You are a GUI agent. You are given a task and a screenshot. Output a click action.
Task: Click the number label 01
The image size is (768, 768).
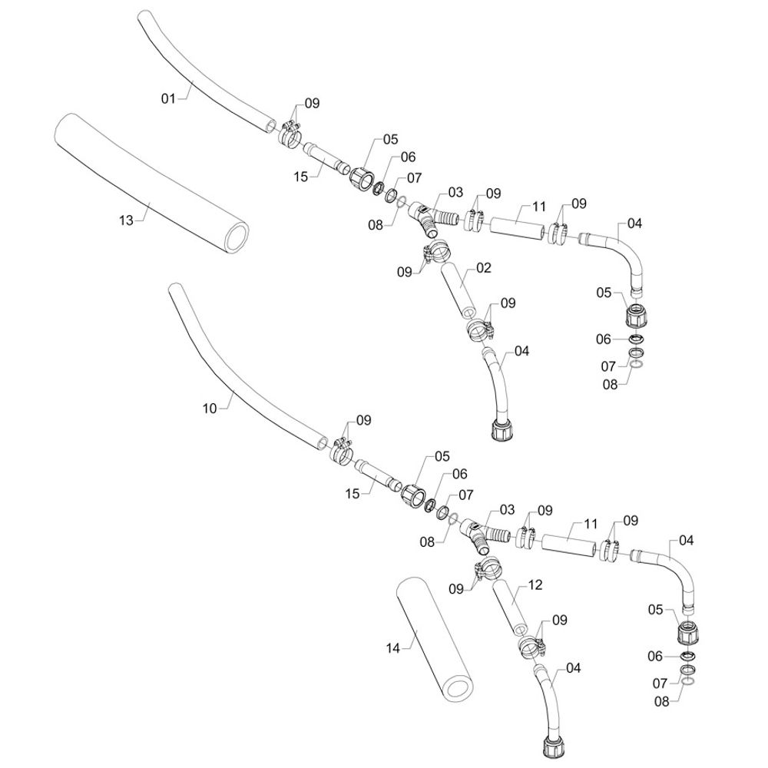[169, 98]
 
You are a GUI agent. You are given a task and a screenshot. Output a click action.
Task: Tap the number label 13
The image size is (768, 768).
[126, 220]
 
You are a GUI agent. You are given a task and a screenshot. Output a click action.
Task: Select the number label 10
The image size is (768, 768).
[210, 408]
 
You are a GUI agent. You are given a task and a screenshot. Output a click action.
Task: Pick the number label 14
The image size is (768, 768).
[392, 648]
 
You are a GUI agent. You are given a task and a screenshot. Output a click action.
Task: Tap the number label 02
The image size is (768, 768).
[483, 268]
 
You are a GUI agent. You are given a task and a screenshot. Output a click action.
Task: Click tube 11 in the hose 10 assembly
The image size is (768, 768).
[568, 543]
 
